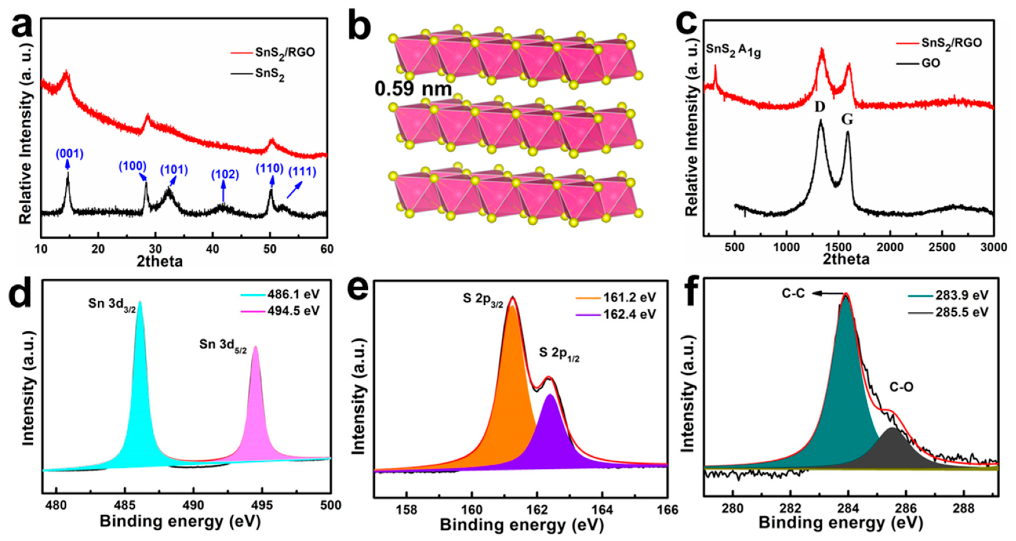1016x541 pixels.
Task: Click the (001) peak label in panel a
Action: click(x=70, y=154)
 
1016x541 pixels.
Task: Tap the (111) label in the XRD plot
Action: click(x=302, y=172)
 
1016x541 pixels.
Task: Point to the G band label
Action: click(x=847, y=119)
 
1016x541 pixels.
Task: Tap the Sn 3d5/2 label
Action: click(x=223, y=345)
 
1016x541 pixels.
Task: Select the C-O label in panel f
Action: click(x=901, y=388)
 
